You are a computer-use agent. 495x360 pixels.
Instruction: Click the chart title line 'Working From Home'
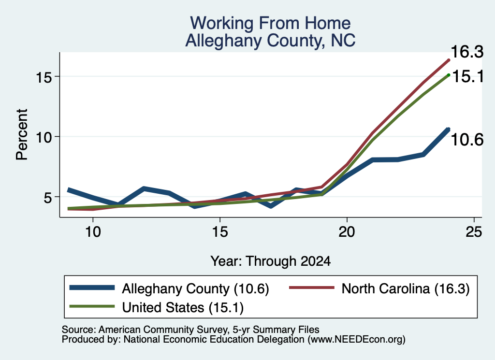[x=270, y=23]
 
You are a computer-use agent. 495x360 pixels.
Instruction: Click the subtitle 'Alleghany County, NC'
[x=270, y=41]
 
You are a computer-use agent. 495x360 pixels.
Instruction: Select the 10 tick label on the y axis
[x=44, y=137]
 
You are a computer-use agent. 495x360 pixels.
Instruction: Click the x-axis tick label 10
[x=93, y=232]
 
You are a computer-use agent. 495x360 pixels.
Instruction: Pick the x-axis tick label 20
[x=347, y=232]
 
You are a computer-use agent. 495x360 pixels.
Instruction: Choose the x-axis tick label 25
[x=474, y=232]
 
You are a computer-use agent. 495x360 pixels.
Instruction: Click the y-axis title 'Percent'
[x=22, y=134]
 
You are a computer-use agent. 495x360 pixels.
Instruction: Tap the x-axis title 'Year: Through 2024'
[x=271, y=261]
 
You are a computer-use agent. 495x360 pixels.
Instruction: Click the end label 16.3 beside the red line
[x=467, y=52]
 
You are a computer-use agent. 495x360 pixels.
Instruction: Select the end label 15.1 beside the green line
[x=468, y=76]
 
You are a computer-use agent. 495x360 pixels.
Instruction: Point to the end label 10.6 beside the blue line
[x=467, y=140]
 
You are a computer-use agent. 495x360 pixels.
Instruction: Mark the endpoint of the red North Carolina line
[x=448, y=60]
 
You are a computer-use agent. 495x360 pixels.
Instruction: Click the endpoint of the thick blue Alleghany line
[x=448, y=129]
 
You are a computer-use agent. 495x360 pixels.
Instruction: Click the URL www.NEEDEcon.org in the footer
[x=357, y=340]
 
